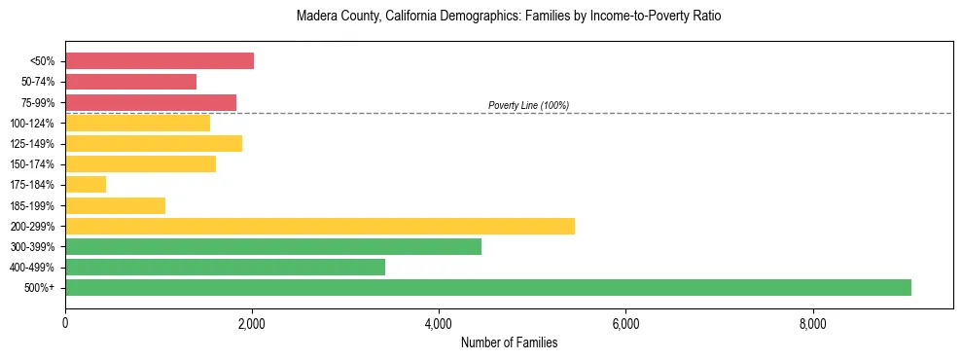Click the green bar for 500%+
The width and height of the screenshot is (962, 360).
pos(488,287)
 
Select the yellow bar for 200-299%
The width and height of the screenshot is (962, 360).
pos(320,226)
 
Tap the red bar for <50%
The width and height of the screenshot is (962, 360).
pos(160,61)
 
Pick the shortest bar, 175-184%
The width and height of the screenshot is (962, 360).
pos(86,185)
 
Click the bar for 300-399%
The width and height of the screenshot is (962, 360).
pos(273,246)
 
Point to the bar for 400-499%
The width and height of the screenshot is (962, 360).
pos(225,267)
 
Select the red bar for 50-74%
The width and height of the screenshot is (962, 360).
pos(130,82)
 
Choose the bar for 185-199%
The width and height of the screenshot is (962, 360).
pos(115,205)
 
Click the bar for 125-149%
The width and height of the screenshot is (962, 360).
pos(154,144)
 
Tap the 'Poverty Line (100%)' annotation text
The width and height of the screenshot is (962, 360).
pos(528,105)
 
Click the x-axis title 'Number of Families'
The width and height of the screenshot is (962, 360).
pos(509,342)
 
